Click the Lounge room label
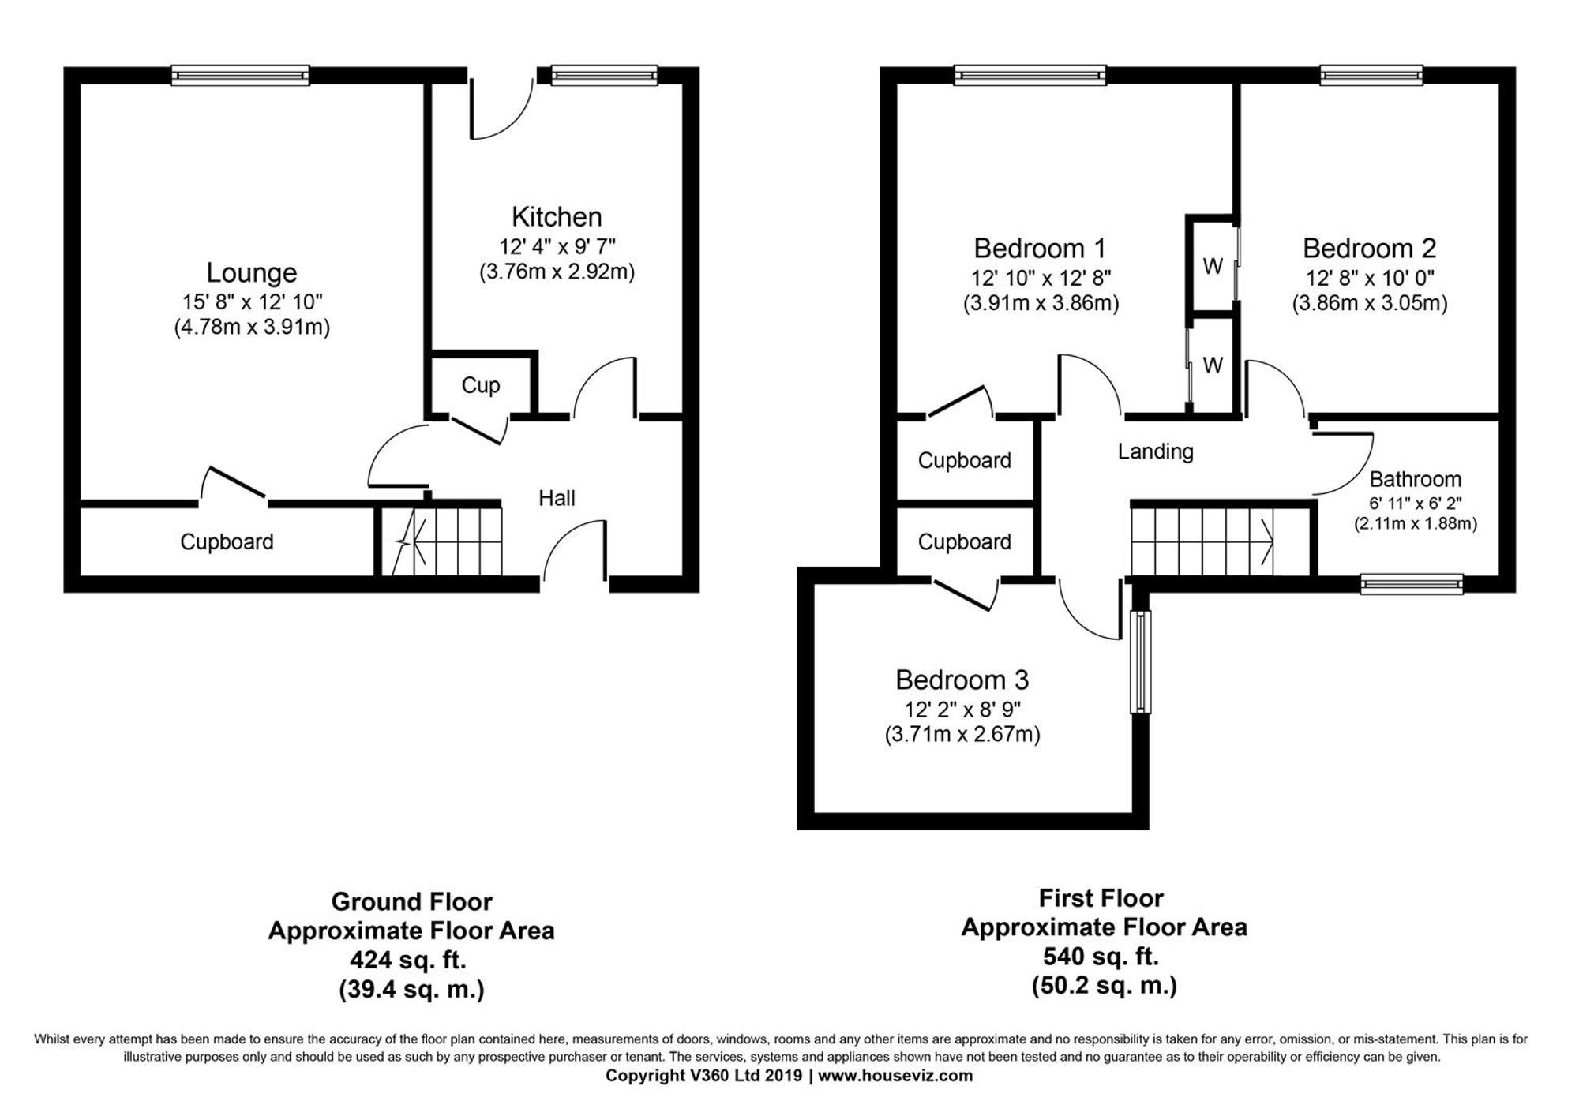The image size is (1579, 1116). click(x=251, y=273)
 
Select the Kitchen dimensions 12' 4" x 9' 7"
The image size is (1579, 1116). click(x=557, y=245)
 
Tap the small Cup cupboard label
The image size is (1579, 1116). click(x=480, y=385)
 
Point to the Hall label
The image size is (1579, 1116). click(x=557, y=498)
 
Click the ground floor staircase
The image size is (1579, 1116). click(x=442, y=541)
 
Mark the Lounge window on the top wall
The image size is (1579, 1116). click(x=240, y=76)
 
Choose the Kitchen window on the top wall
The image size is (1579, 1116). click(x=604, y=76)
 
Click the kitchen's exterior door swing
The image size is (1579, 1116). click(x=501, y=107)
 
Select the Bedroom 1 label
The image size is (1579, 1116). click(x=1039, y=249)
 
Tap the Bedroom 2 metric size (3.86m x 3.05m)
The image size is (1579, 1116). click(x=1369, y=304)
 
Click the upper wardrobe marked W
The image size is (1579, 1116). click(x=1213, y=267)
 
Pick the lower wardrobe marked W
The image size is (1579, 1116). click(x=1213, y=365)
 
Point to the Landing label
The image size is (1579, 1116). click(x=1155, y=451)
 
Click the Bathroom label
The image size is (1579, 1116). click(x=1415, y=479)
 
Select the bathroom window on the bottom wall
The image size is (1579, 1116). click(x=1412, y=584)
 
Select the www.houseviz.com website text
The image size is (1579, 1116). click(x=895, y=1076)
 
